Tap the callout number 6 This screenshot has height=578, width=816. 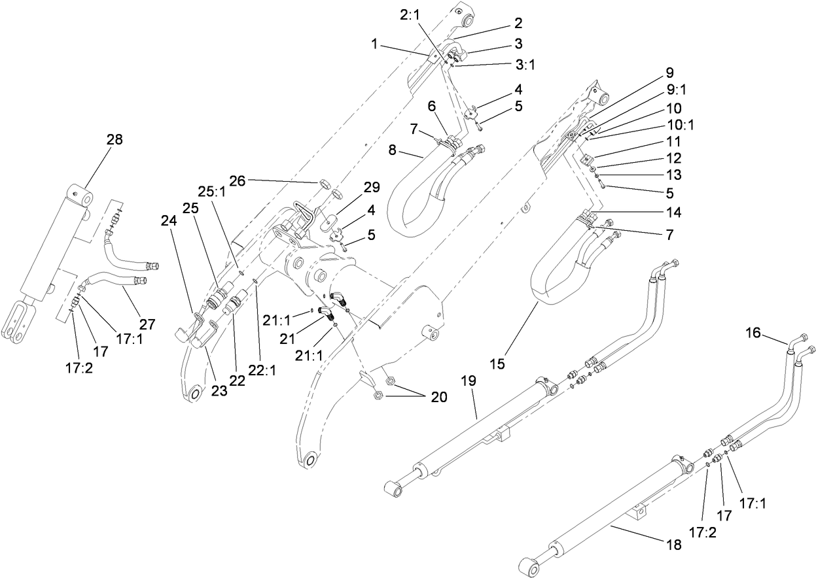click(x=431, y=105)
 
